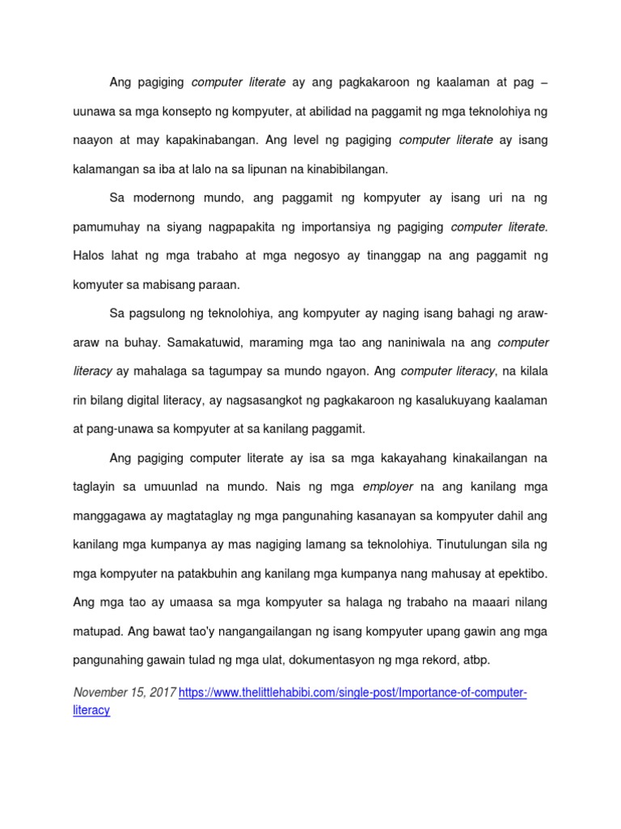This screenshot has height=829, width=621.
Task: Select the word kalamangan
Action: pyautogui.click(x=109, y=168)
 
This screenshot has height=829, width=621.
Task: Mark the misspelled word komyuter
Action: pyautogui.click(x=100, y=284)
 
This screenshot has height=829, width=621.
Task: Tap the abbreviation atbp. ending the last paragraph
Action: pyautogui.click(x=472, y=661)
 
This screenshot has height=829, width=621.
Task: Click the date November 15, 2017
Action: pyautogui.click(x=124, y=693)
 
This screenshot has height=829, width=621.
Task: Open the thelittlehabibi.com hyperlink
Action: pyautogui.click(x=353, y=694)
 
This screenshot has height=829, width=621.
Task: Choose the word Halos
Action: pyautogui.click(x=91, y=255)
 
